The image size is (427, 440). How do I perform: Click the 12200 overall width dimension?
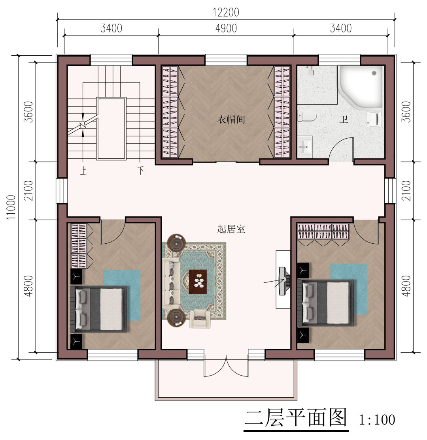click(x=226, y=13)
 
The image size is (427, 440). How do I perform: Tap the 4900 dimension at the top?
click(x=226, y=28)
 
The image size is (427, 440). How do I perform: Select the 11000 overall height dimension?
click(x=11, y=207)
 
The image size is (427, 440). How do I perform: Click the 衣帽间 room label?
click(x=231, y=120)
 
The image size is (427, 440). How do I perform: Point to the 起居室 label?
click(x=231, y=229)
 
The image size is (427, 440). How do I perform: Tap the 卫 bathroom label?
click(x=344, y=120)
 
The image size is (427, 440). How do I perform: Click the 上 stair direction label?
click(x=83, y=171)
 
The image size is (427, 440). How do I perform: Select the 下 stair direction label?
click(x=141, y=171)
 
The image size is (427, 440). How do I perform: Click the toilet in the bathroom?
click(x=307, y=115)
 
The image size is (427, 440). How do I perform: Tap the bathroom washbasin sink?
click(x=305, y=145)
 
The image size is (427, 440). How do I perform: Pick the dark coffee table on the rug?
click(x=198, y=282)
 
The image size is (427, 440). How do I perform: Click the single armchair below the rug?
click(x=200, y=319)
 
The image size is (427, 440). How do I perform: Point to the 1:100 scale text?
click(x=377, y=420)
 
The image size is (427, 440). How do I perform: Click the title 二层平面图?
click(x=295, y=418)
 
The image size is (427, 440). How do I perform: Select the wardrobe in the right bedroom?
click(x=323, y=231)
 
